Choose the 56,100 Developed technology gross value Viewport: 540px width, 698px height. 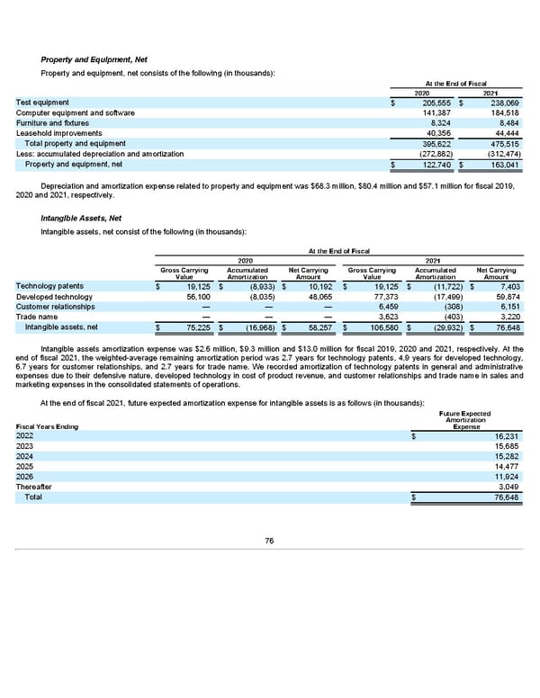tap(198, 297)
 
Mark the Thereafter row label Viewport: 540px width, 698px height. tap(34, 487)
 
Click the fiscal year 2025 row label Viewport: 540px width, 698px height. tap(26, 467)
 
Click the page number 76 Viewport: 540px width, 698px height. tap(269, 541)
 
